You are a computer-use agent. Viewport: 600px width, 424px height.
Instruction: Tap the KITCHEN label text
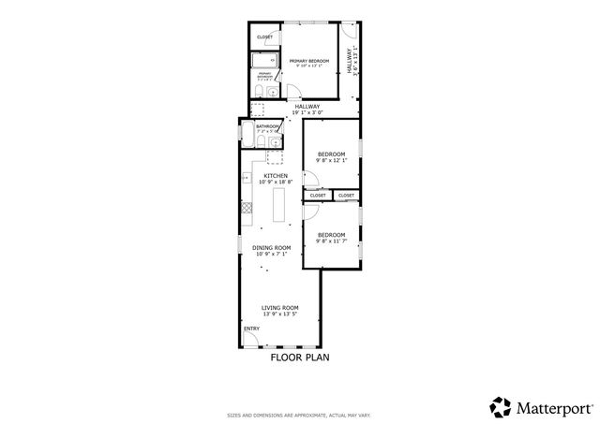pos(275,175)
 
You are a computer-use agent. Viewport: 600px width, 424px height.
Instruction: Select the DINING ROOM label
pos(270,247)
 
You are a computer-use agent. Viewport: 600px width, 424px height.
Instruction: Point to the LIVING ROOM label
pos(279,307)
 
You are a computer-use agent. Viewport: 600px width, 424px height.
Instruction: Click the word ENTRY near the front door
pos(251,329)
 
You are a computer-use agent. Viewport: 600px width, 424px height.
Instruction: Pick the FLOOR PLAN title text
pos(297,358)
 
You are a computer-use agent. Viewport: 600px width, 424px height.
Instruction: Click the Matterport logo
pos(540,406)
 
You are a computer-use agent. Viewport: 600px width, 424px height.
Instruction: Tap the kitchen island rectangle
pos(279,204)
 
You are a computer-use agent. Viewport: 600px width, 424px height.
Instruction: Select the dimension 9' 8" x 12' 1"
pos(331,160)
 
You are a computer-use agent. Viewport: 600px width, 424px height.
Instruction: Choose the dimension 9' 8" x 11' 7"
pos(331,241)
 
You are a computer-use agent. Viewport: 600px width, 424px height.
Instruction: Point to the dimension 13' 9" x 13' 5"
pos(279,314)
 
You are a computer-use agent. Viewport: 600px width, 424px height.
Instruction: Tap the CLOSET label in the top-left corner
pos(264,37)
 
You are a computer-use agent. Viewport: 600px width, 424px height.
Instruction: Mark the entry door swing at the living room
pos(253,338)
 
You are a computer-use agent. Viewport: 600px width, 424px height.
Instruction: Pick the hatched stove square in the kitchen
pos(247,208)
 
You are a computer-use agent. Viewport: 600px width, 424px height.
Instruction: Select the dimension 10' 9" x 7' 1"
pos(270,254)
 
